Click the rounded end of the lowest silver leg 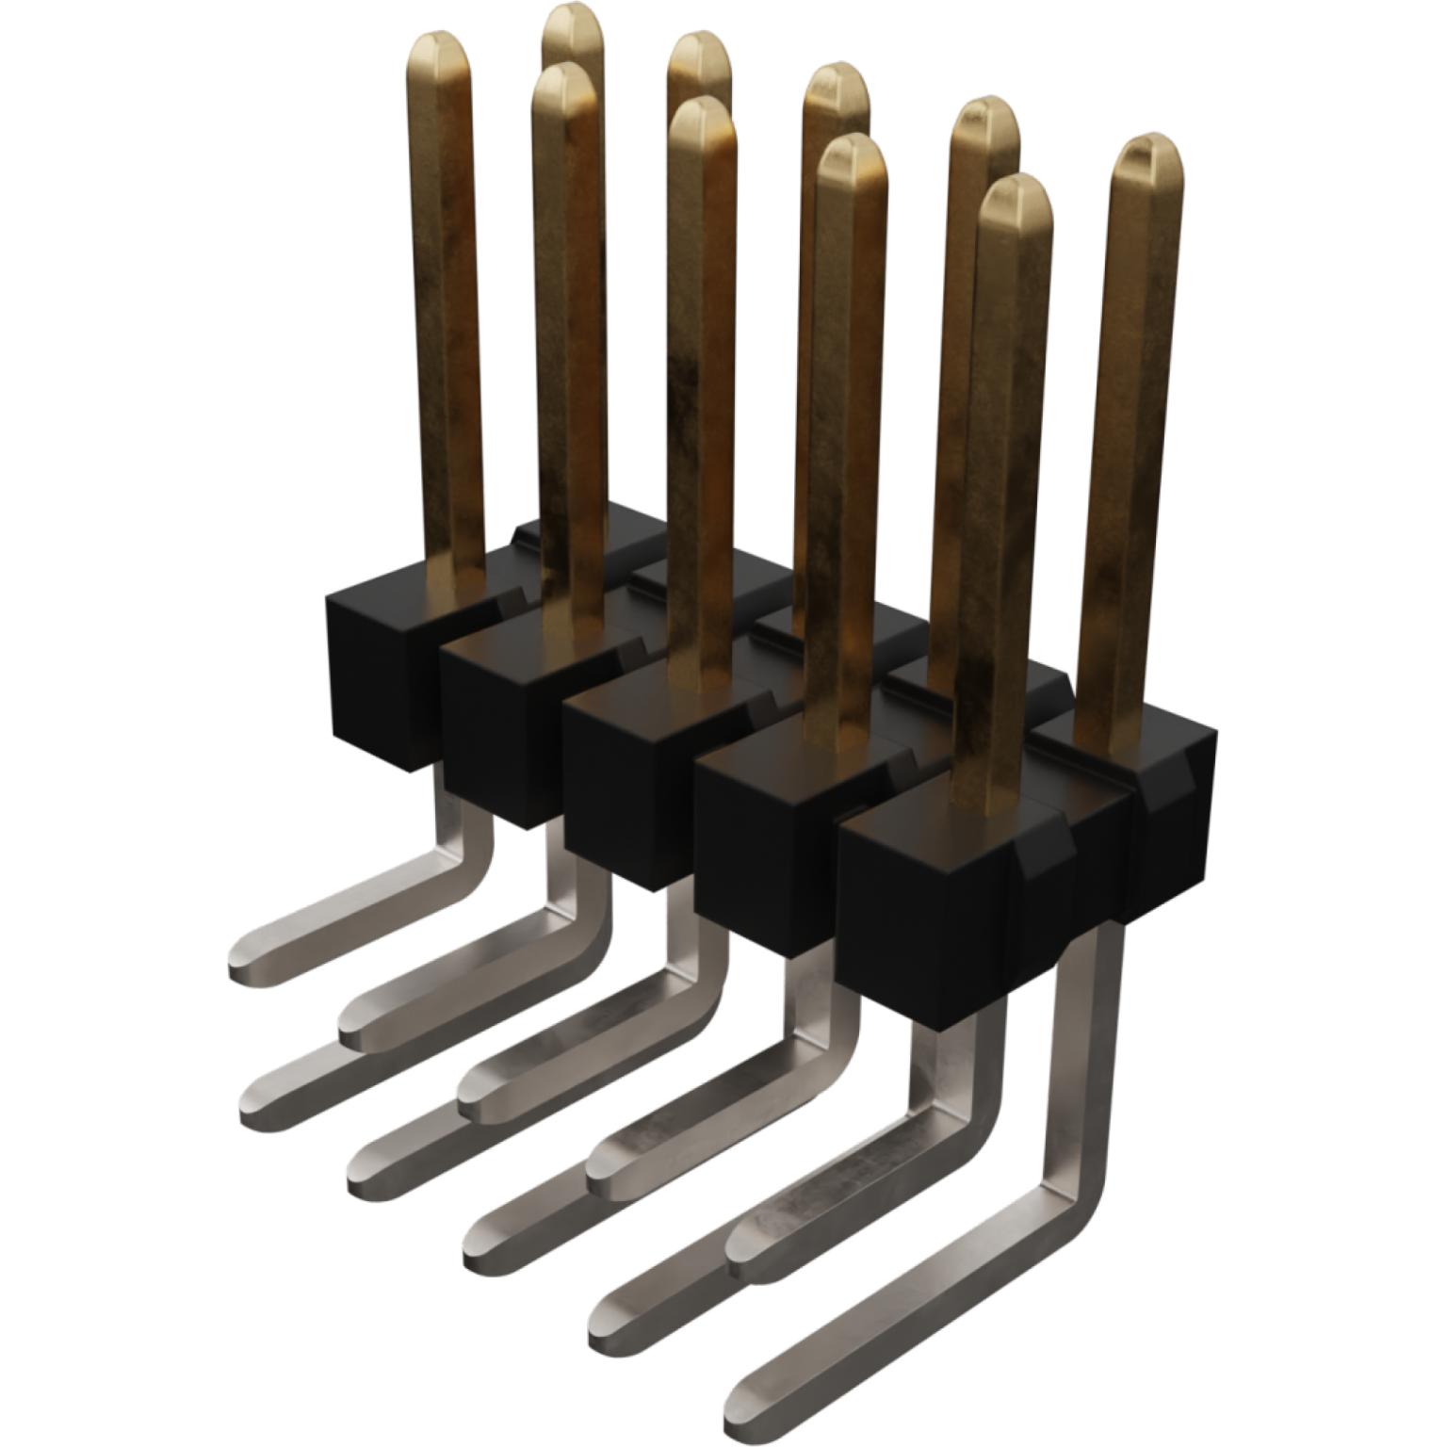[749, 1413]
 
